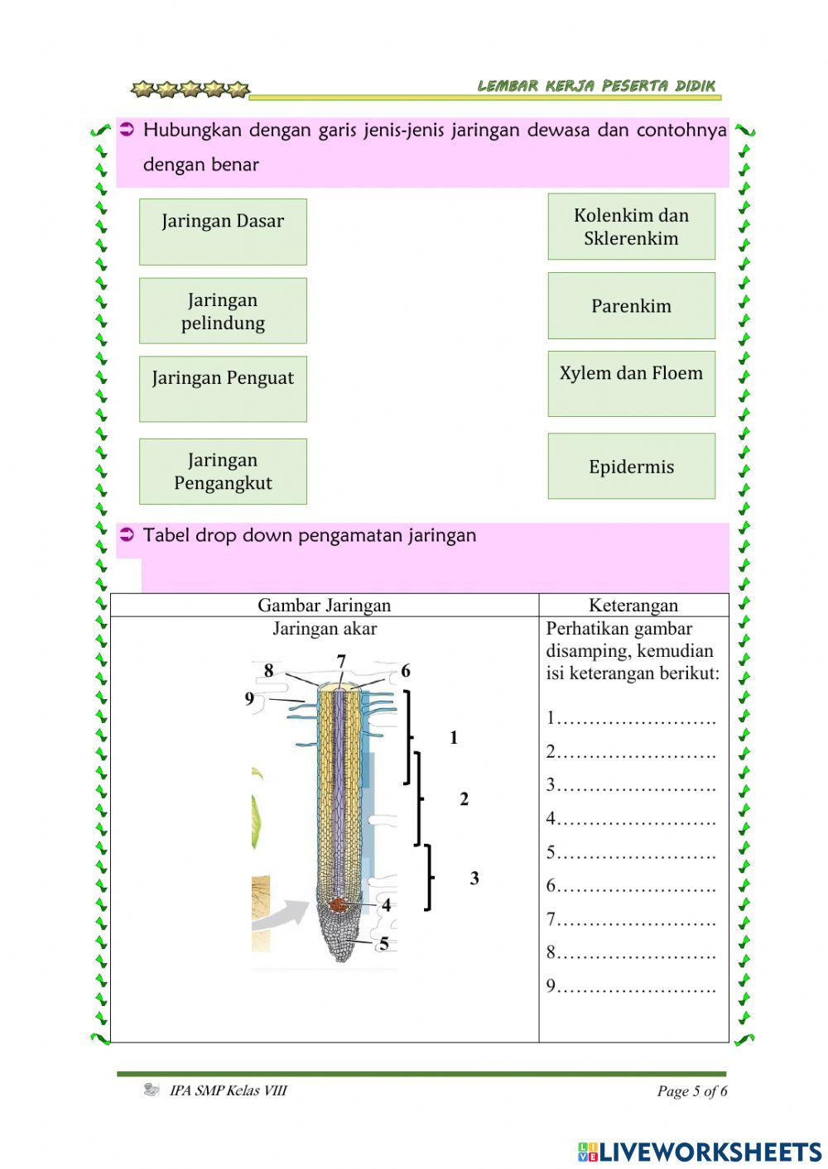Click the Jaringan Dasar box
point(223,232)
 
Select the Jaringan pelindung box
point(223,310)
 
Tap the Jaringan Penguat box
point(223,389)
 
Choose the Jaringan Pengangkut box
point(223,471)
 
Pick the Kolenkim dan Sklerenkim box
point(631,227)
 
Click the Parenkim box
point(631,305)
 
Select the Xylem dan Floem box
point(631,383)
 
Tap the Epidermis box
point(631,466)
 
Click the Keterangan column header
point(633,605)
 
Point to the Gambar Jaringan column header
point(324,605)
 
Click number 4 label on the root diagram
point(386,905)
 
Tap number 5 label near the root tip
point(384,944)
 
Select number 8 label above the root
point(268,670)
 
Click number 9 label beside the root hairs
point(249,698)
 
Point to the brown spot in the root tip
point(338,904)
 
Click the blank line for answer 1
point(636,718)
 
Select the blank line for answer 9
point(636,986)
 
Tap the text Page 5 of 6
point(692,1090)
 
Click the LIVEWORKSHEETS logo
point(700,1151)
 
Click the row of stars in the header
point(190,89)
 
